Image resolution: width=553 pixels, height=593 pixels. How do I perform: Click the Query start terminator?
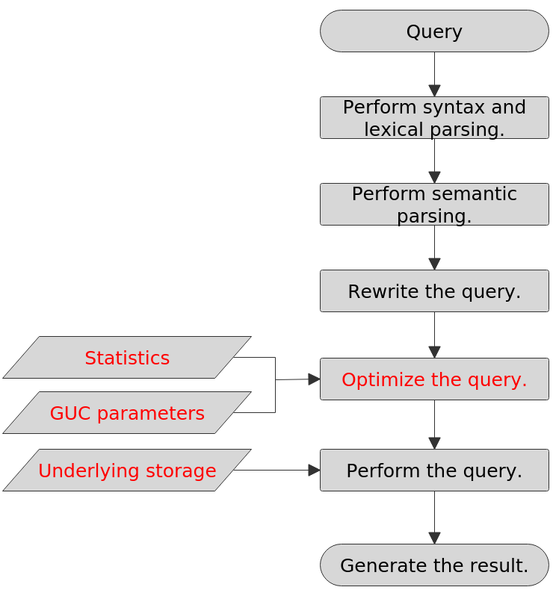click(x=434, y=31)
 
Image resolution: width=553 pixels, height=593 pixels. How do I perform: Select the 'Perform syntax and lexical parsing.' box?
click(x=434, y=118)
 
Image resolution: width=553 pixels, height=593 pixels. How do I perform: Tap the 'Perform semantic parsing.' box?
click(x=434, y=205)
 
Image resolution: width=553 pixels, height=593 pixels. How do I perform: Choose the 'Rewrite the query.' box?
click(x=434, y=291)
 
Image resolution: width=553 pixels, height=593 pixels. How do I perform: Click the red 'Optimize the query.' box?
click(x=434, y=379)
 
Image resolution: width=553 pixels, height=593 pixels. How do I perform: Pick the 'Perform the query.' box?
click(x=434, y=471)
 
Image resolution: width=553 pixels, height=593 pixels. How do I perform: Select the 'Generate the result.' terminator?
click(x=434, y=565)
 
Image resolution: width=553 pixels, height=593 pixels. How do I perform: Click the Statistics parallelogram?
click(x=127, y=358)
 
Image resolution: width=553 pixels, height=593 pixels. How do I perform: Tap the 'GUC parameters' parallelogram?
click(x=127, y=413)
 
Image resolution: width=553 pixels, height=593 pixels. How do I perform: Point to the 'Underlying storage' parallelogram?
click(x=127, y=471)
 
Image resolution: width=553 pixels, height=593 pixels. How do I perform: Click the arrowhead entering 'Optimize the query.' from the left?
click(x=314, y=379)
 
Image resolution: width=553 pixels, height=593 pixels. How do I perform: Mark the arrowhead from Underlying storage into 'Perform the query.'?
click(x=314, y=471)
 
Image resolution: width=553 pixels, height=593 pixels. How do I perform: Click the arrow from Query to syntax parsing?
click(x=434, y=75)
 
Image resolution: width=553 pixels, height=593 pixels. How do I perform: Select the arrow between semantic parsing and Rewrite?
click(x=434, y=248)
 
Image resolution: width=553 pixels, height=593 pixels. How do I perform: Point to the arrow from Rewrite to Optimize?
click(x=434, y=335)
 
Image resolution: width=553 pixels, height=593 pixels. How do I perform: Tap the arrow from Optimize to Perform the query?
click(x=434, y=425)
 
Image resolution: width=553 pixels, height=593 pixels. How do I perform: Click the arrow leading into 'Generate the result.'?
click(x=434, y=518)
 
